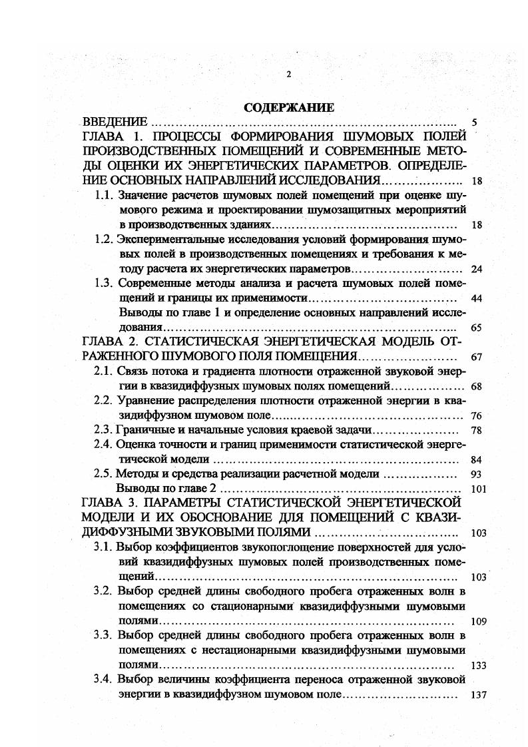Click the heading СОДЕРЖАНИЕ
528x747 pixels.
289,108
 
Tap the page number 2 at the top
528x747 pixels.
288,75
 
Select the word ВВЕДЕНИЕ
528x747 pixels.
115,123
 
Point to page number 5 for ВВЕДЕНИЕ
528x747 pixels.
474,123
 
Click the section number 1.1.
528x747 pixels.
105,196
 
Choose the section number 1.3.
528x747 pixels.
105,284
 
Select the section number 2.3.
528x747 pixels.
105,430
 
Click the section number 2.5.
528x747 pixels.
105,474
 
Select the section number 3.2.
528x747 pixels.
105,592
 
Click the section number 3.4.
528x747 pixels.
105,680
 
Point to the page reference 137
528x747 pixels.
479,694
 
